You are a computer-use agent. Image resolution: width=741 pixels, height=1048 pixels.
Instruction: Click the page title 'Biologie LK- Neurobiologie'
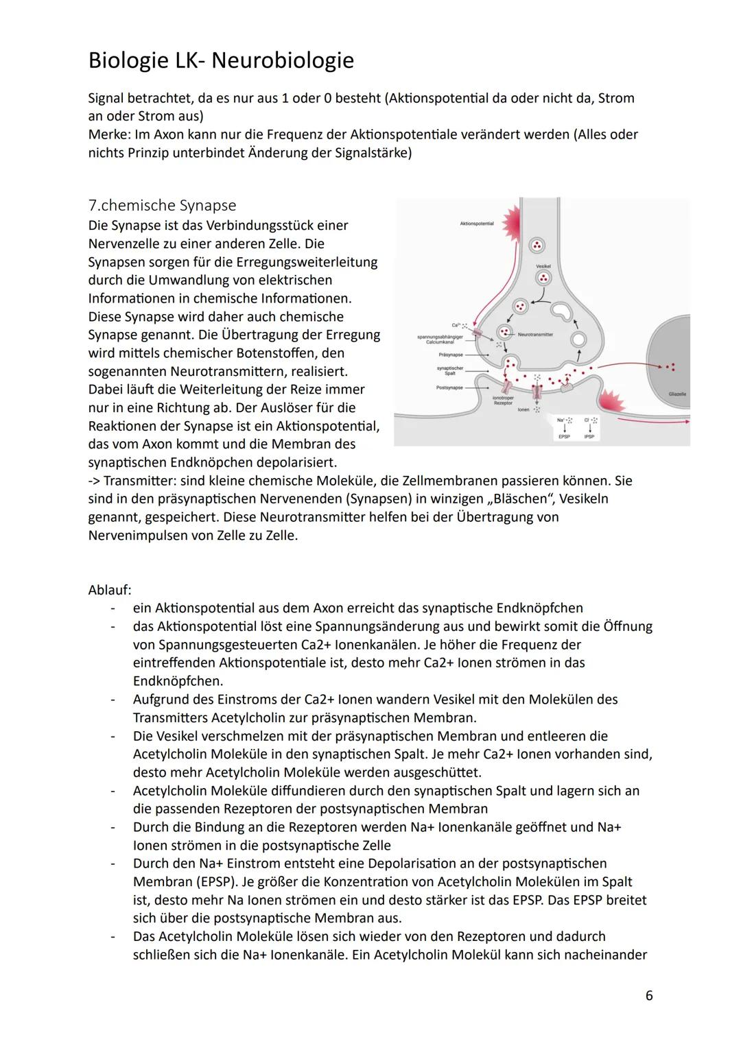coord(221,61)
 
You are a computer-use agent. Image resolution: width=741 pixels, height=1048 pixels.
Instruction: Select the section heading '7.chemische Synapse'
coord(162,205)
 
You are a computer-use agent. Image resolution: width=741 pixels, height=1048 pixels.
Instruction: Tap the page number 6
coord(648,995)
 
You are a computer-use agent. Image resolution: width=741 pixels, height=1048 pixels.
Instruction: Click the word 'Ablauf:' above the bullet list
coord(110,590)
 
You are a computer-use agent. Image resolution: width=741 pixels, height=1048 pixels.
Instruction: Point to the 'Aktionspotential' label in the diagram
coord(476,224)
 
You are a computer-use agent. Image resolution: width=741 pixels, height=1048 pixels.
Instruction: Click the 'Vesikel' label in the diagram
coord(543,265)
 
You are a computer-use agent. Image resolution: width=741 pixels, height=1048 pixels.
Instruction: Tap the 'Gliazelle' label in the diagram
coord(677,394)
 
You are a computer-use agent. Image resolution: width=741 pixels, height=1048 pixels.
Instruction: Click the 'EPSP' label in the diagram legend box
coord(564,436)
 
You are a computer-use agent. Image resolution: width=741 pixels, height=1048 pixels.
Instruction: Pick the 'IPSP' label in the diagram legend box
coord(589,436)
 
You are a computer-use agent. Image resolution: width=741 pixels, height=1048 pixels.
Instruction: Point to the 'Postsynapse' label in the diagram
coord(449,388)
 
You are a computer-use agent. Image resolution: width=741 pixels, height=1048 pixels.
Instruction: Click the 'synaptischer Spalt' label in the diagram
coord(449,370)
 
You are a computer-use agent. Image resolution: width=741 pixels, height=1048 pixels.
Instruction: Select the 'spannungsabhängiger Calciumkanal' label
coord(440,339)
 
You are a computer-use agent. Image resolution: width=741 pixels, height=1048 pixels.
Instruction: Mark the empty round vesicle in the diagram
coord(578,340)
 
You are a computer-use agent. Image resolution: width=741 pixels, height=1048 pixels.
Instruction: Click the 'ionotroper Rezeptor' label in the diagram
coord(503,401)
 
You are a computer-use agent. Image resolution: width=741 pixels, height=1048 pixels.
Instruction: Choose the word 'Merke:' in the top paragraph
coord(110,134)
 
